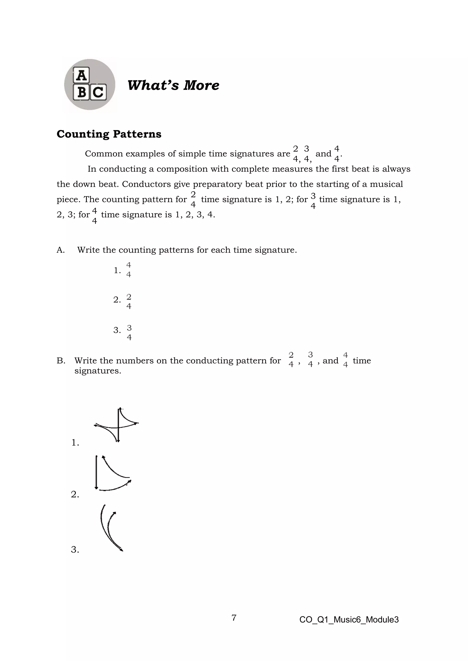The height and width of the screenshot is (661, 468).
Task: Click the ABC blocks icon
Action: coord(90,84)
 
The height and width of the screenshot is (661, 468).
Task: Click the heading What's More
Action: coord(173,85)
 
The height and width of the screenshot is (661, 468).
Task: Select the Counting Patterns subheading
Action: coord(109,134)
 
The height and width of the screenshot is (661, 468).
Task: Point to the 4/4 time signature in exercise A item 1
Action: coord(128,270)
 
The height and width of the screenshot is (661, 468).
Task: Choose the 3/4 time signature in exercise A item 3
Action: coord(129,333)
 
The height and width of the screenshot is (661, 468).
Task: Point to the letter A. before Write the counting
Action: coord(61,250)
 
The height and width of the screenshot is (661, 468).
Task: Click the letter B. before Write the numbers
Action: coord(61,361)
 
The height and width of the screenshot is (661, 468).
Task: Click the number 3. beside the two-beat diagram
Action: coord(75,550)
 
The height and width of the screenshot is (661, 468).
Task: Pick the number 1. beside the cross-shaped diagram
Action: coord(75,443)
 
